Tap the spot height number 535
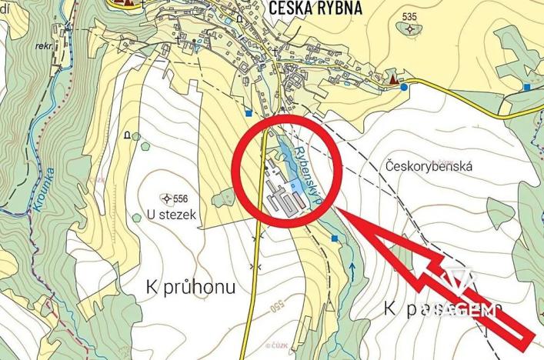point(409,17)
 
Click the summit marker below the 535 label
point(409,30)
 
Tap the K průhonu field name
point(190,287)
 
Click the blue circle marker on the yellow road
point(404,88)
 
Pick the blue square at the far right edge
point(527,88)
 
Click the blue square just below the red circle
point(335,239)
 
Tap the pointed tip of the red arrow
point(339,209)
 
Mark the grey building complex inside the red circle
point(280,196)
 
